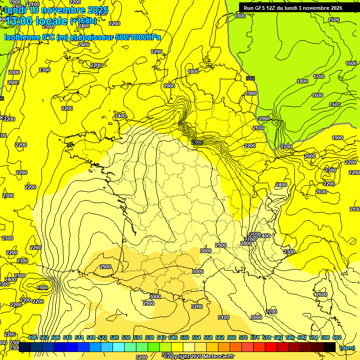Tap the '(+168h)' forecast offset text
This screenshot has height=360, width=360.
pyautogui.click(x=83, y=21)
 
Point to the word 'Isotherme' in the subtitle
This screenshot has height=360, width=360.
pyautogui.click(x=22, y=37)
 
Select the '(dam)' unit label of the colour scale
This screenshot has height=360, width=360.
pyautogui.click(x=347, y=347)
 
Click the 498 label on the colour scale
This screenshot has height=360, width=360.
pyautogui.click(x=32, y=337)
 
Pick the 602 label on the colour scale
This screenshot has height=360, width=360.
pyautogui.click(x=337, y=337)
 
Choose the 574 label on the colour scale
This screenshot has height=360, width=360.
pyautogui.click(x=255, y=337)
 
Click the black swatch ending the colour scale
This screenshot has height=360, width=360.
pyautogui.click(x=329, y=347)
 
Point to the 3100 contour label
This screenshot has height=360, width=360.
pyautogui.click(x=224, y=317)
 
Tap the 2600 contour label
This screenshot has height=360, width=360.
pyautogui.click(x=321, y=294)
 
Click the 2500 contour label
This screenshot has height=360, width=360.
pyautogui.click(x=255, y=234)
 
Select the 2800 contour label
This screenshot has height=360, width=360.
pyautogui.click(x=246, y=243)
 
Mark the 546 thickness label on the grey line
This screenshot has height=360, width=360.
pyautogui.click(x=250, y=78)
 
